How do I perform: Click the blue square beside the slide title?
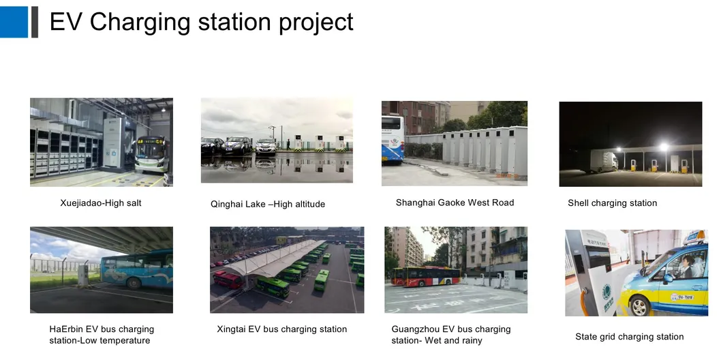tap(14, 22)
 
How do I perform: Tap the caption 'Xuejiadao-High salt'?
tap(101, 202)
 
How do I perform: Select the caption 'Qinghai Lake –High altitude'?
tap(268, 204)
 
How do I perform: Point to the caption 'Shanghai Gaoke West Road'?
tap(455, 202)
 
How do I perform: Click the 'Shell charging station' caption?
tap(612, 203)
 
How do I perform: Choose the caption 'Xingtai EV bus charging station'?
tap(282, 329)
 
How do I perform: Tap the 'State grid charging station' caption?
tap(629, 337)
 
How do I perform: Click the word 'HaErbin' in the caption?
tap(65, 329)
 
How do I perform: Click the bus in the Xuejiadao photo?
tap(151, 154)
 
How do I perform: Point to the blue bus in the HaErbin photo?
tap(136, 269)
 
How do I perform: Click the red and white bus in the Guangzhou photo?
tap(425, 276)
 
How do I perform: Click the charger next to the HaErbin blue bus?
tap(83, 274)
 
